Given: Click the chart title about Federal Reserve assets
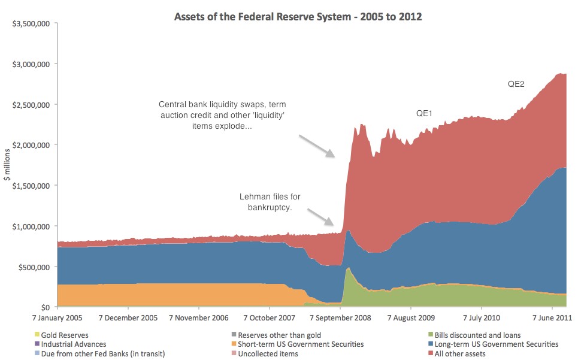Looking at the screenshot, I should [298, 17].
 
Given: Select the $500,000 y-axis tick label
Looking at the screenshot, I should [35, 267].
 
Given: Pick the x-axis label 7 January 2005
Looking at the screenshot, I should [58, 317].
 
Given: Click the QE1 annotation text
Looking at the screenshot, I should [426, 113].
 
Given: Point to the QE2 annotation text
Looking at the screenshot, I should [516, 84].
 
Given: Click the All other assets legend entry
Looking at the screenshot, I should [459, 354].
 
